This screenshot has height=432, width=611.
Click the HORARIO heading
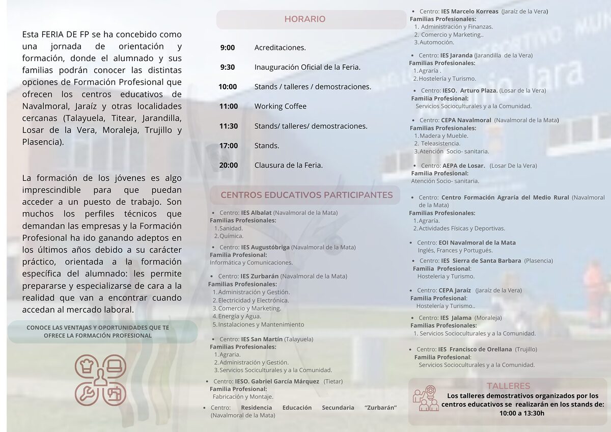pyautogui.click(x=304, y=19)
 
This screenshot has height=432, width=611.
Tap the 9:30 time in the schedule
pyautogui.click(x=228, y=67)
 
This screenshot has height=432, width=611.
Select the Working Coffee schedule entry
pyautogui.click(x=281, y=106)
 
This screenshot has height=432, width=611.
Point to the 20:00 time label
pyautogui.click(x=229, y=165)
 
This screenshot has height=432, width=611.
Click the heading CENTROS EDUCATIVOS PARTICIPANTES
pyautogui.click(x=307, y=195)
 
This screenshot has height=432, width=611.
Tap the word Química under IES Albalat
pyautogui.click(x=231, y=236)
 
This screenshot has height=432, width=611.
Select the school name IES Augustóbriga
pyautogui.click(x=265, y=248)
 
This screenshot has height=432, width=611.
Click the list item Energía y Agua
pyautogui.click(x=239, y=316)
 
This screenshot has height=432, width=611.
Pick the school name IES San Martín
pyautogui.click(x=262, y=339)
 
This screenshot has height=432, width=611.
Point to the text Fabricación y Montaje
pyautogui.click(x=243, y=397)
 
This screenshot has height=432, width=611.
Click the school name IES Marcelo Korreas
pyautogui.click(x=470, y=11)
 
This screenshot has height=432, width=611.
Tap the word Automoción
pyautogui.click(x=437, y=43)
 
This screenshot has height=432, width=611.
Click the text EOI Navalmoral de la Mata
pyautogui.click(x=477, y=243)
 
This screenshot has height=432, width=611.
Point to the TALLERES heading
pyautogui.click(x=508, y=386)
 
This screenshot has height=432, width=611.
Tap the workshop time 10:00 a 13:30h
pyautogui.click(x=522, y=413)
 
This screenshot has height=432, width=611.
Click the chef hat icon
pyautogui.click(x=87, y=366)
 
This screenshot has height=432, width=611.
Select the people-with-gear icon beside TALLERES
pyautogui.click(x=426, y=398)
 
